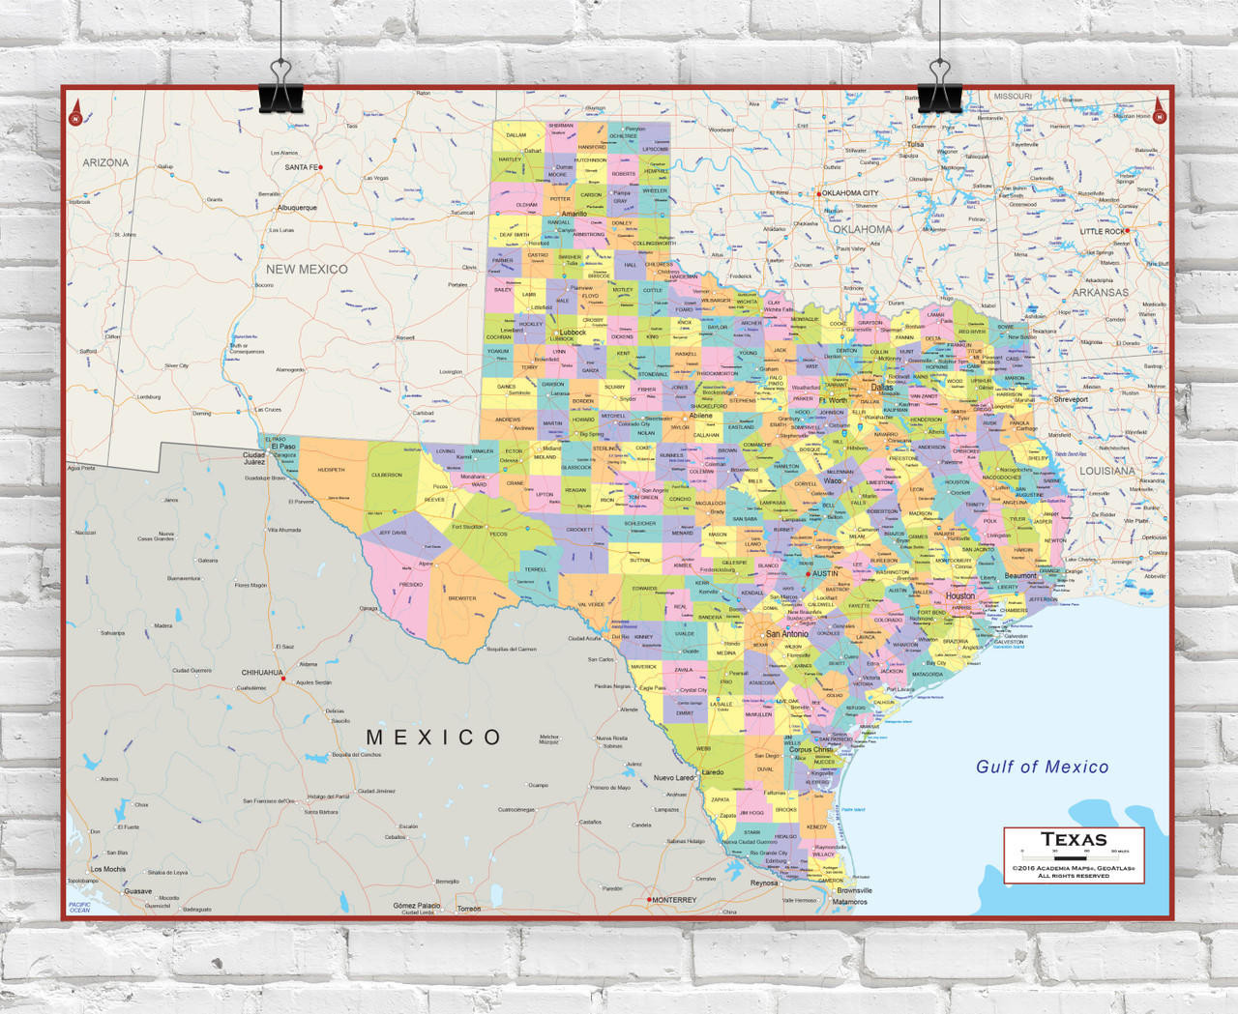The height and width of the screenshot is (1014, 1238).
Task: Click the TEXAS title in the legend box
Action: point(1074,840)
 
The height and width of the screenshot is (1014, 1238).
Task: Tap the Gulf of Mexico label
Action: point(1042,767)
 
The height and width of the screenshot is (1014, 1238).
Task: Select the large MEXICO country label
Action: point(433,738)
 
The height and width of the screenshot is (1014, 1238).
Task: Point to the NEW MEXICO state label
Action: point(307,270)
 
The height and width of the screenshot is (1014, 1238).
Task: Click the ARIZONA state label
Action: point(105,162)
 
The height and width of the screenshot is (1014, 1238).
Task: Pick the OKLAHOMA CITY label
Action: point(850,193)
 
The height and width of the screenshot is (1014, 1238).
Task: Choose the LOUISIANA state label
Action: point(1107,471)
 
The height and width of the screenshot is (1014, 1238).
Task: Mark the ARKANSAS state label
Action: point(1100,292)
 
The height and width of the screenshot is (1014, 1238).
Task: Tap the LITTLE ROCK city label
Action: point(1103,232)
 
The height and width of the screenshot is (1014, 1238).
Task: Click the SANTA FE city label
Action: point(302,167)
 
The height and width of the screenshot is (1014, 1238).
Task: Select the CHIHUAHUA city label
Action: point(262,673)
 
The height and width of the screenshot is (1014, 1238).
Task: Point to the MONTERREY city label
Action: point(674,900)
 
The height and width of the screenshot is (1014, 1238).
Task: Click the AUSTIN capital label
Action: point(825,573)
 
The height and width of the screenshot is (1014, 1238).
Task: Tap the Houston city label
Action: point(960,596)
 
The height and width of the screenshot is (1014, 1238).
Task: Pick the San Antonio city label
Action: point(786,634)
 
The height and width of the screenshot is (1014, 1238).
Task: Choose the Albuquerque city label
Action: point(297,208)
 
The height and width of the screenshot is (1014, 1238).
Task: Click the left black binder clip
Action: point(280,87)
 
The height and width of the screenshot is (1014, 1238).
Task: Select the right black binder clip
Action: point(939,87)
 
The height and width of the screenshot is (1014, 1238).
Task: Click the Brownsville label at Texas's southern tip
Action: point(854,890)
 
